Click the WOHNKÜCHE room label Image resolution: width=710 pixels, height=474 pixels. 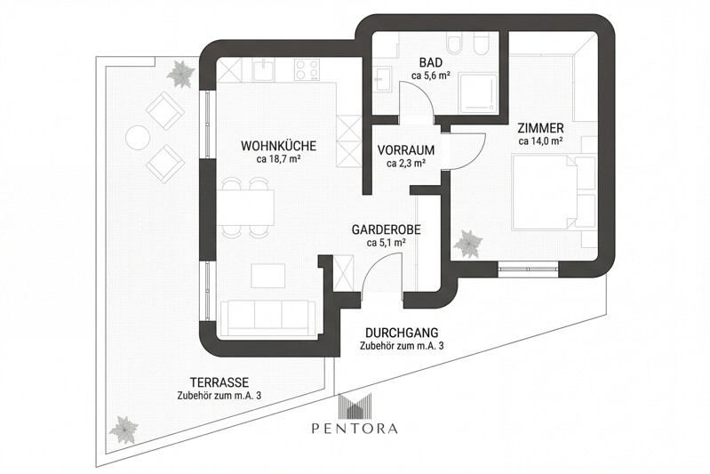tap(279, 146)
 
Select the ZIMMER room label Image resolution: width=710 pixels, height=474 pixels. tap(541, 128)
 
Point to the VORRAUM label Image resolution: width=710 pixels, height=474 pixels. tap(405, 150)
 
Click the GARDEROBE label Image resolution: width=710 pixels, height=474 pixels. tap(386, 229)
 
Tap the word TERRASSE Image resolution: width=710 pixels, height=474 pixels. tap(205, 382)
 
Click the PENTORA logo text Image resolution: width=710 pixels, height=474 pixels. tap(355, 428)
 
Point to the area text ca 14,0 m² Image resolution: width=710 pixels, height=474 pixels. tap(541, 141)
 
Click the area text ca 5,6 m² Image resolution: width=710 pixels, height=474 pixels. tap(431, 76)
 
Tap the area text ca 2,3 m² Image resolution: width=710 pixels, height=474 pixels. tap(405, 164)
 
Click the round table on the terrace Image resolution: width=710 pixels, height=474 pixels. tap(139, 138)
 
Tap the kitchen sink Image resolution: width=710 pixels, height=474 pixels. tap(263, 69)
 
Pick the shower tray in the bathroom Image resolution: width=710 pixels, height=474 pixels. tap(475, 92)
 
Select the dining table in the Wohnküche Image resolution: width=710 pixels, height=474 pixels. tap(244, 207)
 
